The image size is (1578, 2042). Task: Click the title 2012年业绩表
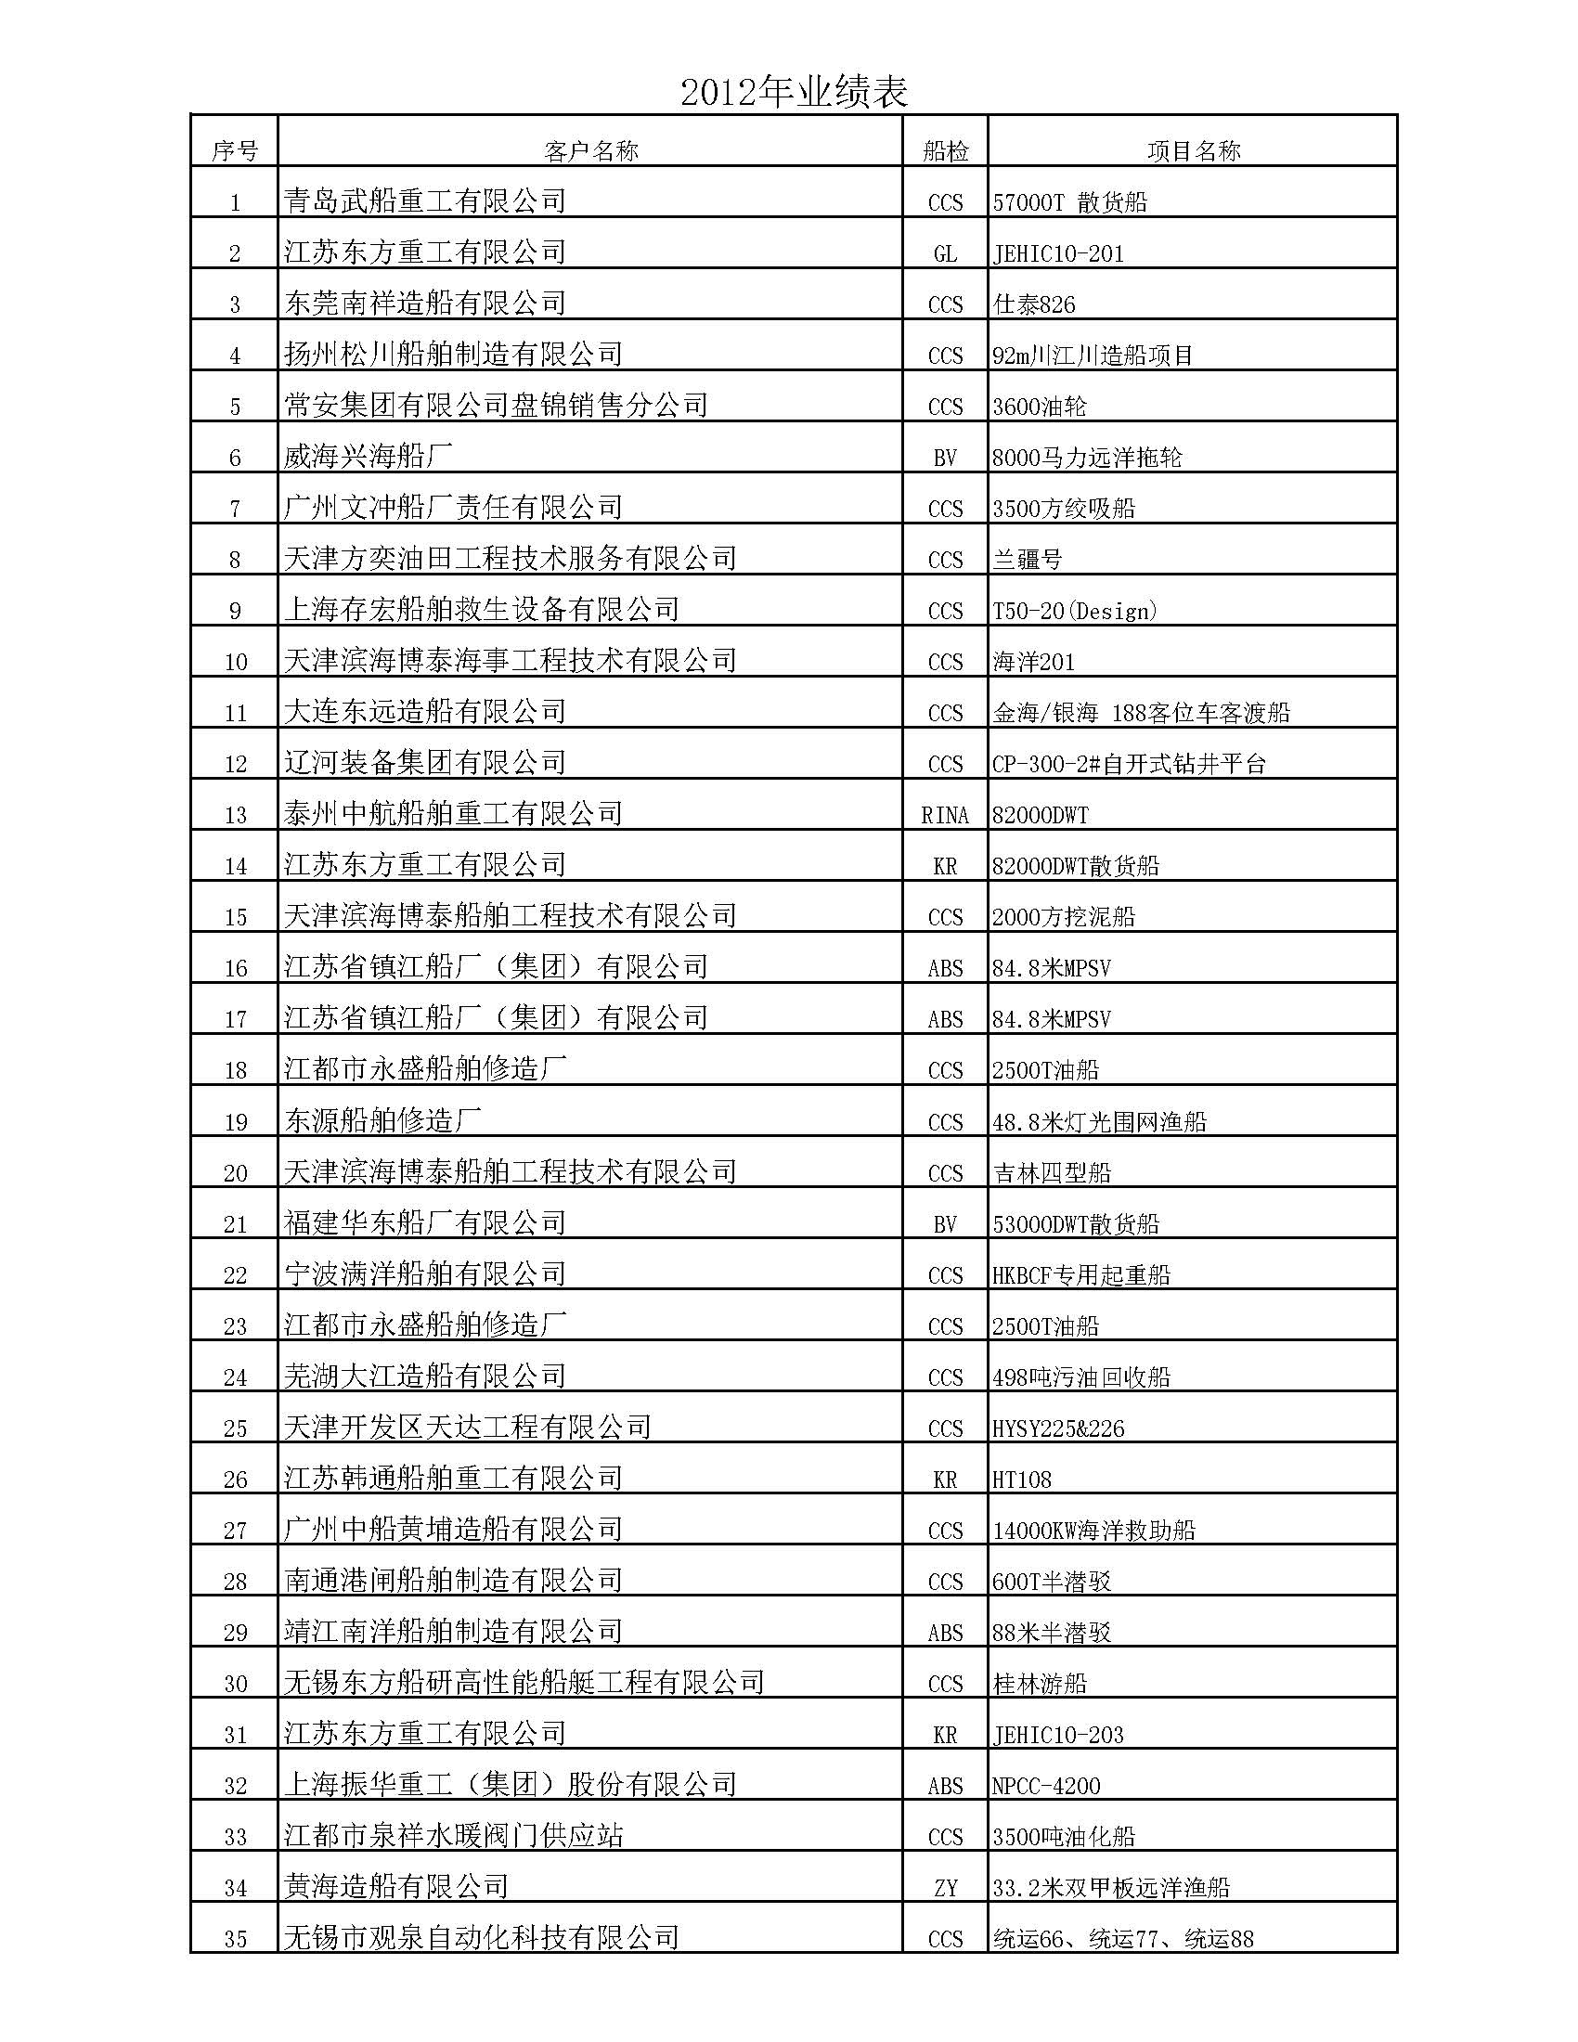(x=794, y=93)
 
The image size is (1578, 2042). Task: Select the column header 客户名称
(x=590, y=151)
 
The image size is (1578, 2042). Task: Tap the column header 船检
(x=945, y=151)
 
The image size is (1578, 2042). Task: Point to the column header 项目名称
(x=1193, y=151)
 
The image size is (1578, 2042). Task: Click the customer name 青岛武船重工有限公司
(x=425, y=201)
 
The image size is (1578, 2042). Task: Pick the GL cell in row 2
(x=945, y=253)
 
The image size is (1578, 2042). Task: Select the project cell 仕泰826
(x=1034, y=304)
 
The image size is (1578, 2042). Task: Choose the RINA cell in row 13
(x=945, y=815)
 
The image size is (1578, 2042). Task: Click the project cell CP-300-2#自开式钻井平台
(x=1130, y=764)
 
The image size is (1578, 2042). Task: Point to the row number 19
(x=235, y=1122)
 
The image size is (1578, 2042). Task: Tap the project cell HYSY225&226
(x=1058, y=1428)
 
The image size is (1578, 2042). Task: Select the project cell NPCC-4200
(x=1046, y=1786)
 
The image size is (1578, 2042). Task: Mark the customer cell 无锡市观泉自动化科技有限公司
(x=482, y=1937)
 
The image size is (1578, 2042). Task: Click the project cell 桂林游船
(x=1040, y=1684)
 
